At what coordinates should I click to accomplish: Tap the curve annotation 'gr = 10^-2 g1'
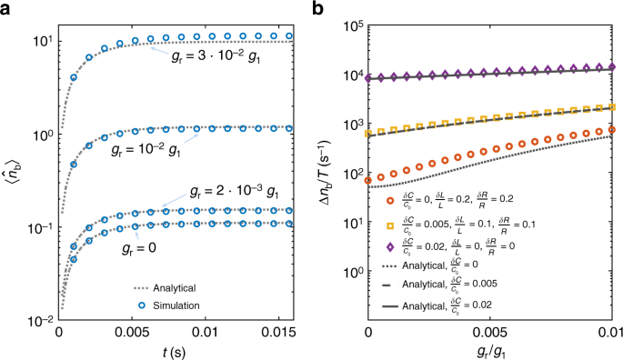tap(148, 146)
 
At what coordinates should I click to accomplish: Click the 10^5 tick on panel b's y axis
tap(352, 25)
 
